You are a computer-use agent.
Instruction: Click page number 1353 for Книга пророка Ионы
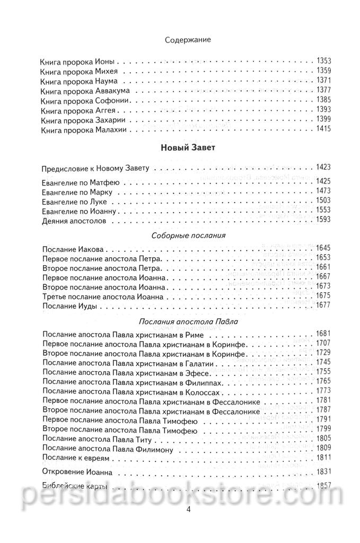pyautogui.click(x=322, y=61)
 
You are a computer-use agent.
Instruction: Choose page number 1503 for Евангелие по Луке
pyautogui.click(x=322, y=201)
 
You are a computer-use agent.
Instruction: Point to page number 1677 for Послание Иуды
pyautogui.click(x=322, y=305)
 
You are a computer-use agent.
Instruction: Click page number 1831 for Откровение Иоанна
pyautogui.click(x=322, y=471)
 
